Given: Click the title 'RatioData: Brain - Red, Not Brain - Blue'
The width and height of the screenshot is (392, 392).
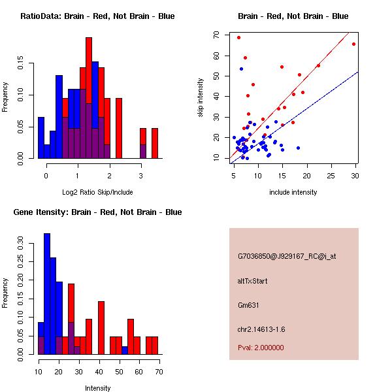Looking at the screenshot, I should pos(97,16).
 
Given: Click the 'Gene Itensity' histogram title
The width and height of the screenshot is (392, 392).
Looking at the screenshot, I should pos(97,212).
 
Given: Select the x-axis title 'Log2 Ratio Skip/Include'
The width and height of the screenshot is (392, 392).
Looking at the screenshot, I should pos(97,193).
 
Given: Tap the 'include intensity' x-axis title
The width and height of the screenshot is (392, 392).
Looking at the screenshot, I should pos(294,193).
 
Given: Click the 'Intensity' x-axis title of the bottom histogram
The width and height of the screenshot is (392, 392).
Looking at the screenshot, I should pos(98,388).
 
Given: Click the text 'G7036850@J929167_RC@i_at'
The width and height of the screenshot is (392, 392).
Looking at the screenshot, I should pos(287,256).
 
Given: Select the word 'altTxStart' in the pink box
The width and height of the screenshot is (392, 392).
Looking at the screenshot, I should pos(253,281).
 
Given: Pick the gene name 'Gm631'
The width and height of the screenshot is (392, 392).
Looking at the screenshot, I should pos(248,304).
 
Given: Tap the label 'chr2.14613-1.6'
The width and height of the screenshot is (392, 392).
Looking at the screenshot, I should pos(261,328).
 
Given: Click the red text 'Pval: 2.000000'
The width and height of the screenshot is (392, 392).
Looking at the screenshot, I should pos(261,348).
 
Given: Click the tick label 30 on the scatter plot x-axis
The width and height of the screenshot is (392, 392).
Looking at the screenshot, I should pos(354,175).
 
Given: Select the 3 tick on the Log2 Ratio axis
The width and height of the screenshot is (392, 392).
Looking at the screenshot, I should pos(141,175).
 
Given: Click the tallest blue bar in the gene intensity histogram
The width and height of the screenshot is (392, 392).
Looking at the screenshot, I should pos(47,294).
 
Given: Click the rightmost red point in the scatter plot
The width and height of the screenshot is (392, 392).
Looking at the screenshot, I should pos(353,44).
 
